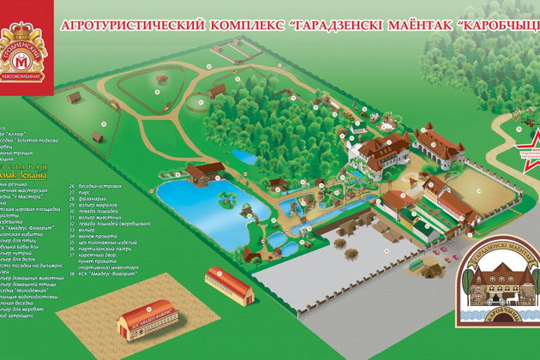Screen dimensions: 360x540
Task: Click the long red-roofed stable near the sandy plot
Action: [x=230, y=287]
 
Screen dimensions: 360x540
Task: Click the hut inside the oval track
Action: [x=157, y=86]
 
